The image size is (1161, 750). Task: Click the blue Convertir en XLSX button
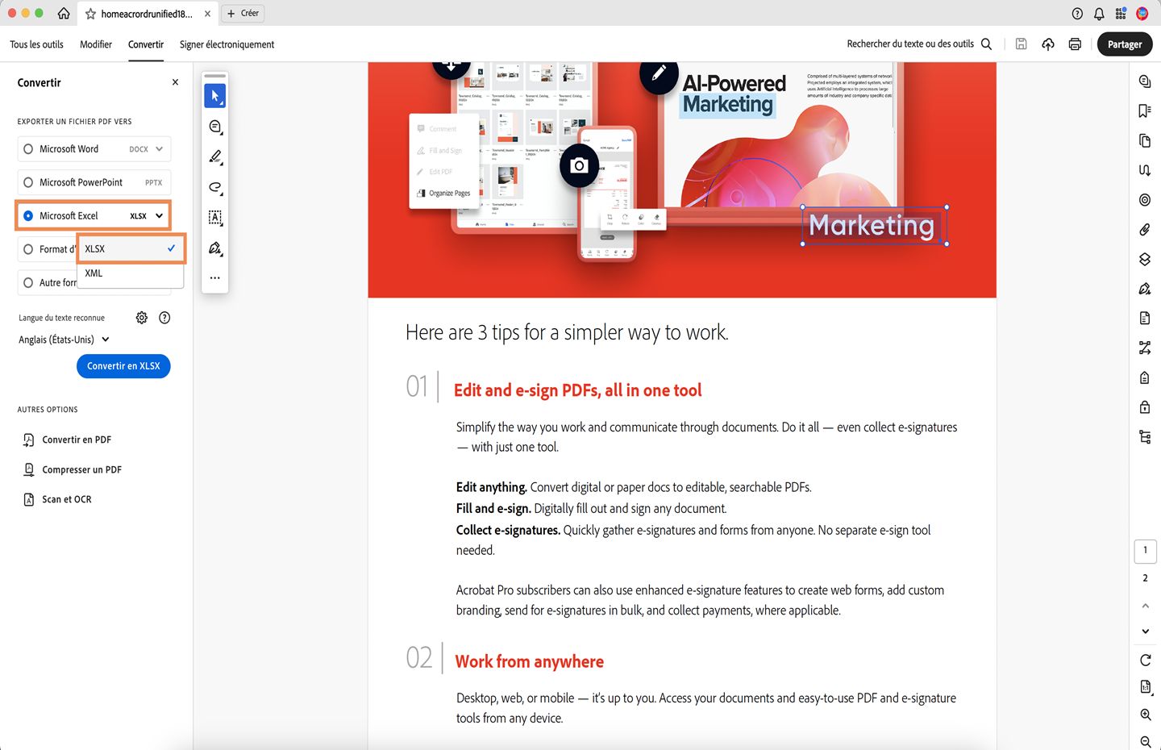point(123,366)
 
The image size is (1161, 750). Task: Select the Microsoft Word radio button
point(28,149)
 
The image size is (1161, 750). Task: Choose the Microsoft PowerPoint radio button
point(28,182)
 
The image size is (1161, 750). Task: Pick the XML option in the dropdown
point(94,273)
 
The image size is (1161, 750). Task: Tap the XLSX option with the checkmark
point(130,248)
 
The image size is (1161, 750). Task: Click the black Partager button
point(1124,44)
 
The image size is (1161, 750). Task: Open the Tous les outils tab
point(36,44)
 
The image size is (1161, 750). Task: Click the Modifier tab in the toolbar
point(96,44)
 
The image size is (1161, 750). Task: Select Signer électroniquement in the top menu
point(227,44)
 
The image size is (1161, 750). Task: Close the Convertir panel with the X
point(175,82)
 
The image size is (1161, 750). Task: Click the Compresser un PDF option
point(81,469)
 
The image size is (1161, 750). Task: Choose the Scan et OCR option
point(66,499)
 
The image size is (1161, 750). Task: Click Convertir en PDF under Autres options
point(77,440)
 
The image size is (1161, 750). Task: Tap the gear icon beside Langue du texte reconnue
point(142,318)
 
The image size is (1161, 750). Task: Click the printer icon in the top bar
point(1075,44)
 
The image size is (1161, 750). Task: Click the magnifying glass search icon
point(986,44)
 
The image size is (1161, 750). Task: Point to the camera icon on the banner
point(579,166)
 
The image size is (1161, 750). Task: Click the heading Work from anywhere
point(529,661)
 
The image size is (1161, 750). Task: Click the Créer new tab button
point(243,14)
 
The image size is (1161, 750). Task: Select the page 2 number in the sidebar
point(1145,578)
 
